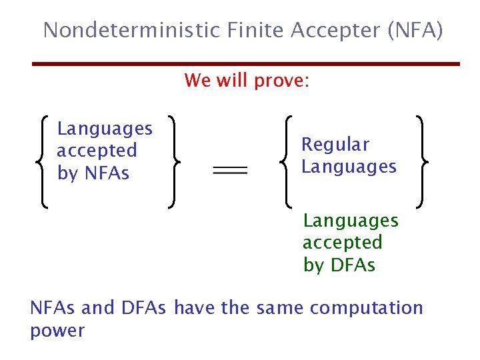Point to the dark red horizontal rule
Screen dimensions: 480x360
coord(247,64)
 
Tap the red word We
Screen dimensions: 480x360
coord(198,81)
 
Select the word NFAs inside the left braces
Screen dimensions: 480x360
coord(107,173)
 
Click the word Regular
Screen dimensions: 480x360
coord(335,144)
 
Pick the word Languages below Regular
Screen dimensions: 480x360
coord(349,167)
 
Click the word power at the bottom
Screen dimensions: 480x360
coord(57,331)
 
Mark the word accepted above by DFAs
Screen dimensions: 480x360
coord(343,242)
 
